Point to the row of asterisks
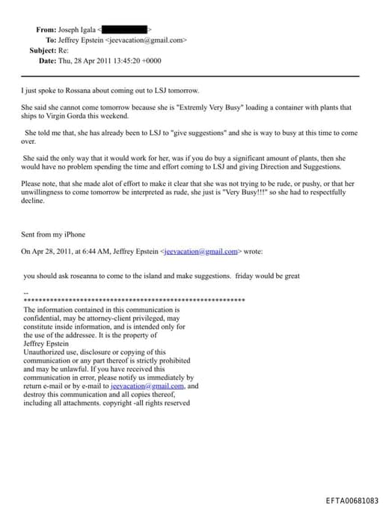tap(135, 300)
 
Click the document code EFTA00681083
tap(352, 500)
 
